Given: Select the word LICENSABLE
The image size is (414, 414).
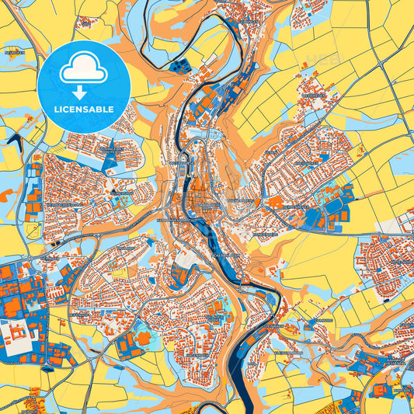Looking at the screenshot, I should point(83,109).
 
